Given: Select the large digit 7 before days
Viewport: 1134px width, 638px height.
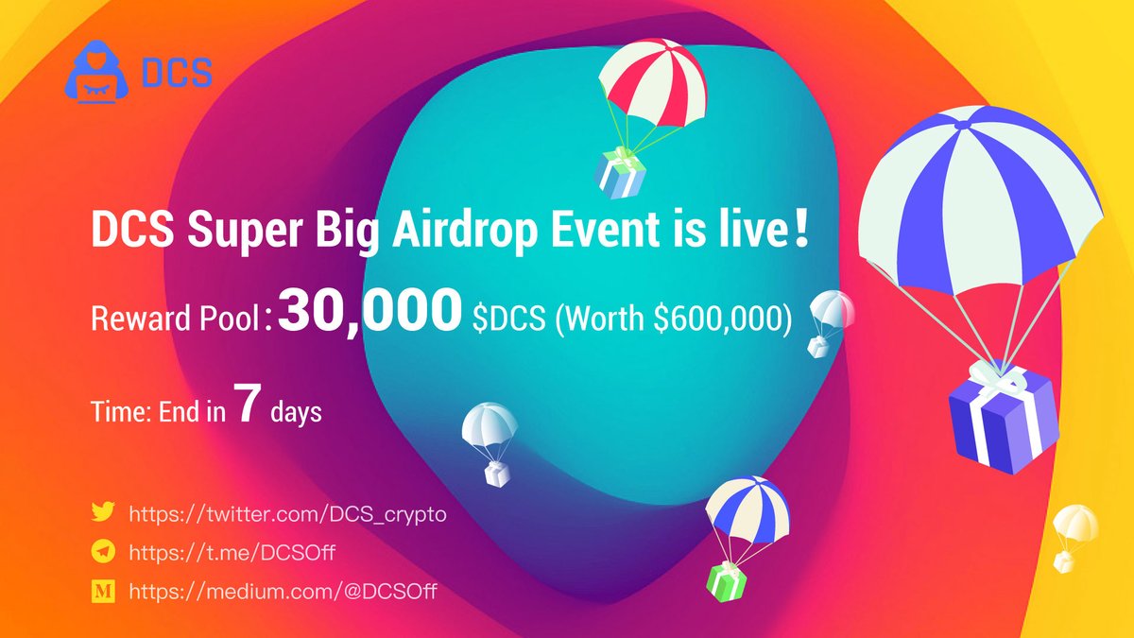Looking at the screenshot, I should point(246,408).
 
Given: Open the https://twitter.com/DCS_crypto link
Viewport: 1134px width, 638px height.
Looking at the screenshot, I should point(286,513).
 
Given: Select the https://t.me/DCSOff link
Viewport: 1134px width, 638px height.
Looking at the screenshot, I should point(232,553).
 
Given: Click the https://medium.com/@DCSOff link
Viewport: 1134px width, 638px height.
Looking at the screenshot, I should point(283,592).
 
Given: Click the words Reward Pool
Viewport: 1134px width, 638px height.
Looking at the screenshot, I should point(177,319).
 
